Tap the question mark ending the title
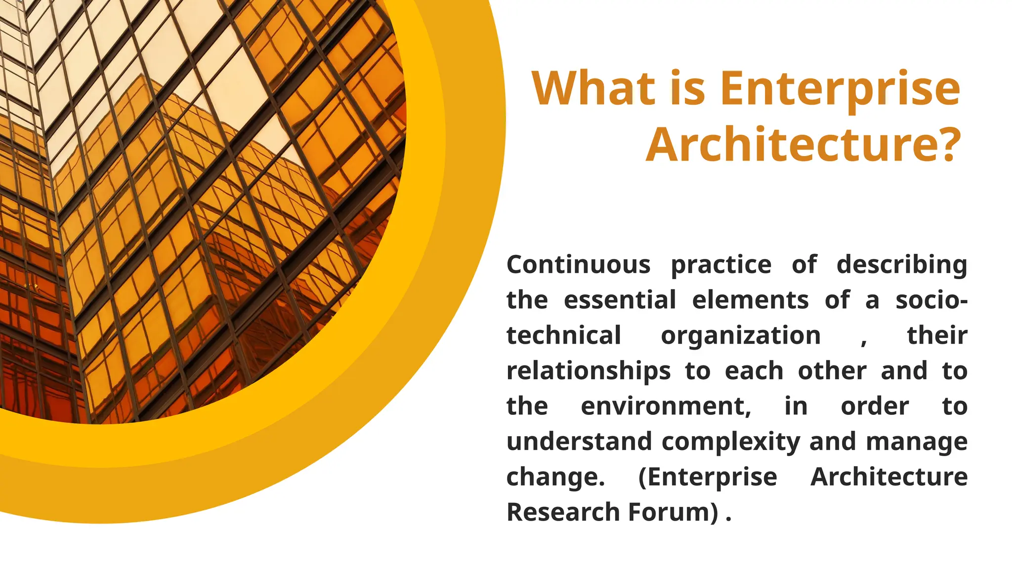coord(944,144)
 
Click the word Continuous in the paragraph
coord(578,265)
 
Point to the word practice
coord(721,266)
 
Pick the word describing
coord(902,265)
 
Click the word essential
coord(620,300)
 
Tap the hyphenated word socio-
coord(931,300)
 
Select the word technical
coord(563,335)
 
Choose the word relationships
coord(589,371)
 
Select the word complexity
coord(731,442)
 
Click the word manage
coord(917,442)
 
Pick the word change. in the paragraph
coord(555,478)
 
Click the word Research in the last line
coord(562,512)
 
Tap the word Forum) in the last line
coord(674,512)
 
